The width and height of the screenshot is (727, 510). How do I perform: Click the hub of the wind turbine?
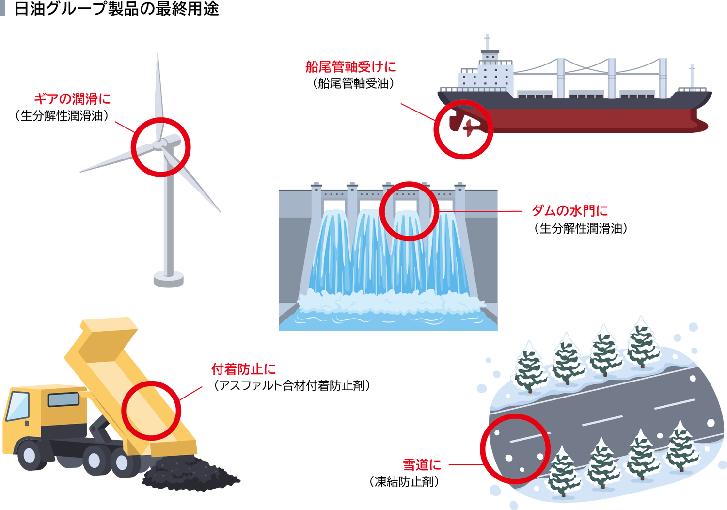coord(160,144)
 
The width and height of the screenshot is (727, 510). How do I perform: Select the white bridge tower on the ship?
coord(487,73)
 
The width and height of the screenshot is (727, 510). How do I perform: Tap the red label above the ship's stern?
coord(351,66)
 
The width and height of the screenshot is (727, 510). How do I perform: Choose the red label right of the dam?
coord(569,211)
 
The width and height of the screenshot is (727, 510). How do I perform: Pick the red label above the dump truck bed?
coord(244,369)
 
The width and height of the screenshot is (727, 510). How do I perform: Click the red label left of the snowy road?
coord(422,465)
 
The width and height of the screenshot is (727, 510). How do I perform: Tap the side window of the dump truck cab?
coord(63,399)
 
